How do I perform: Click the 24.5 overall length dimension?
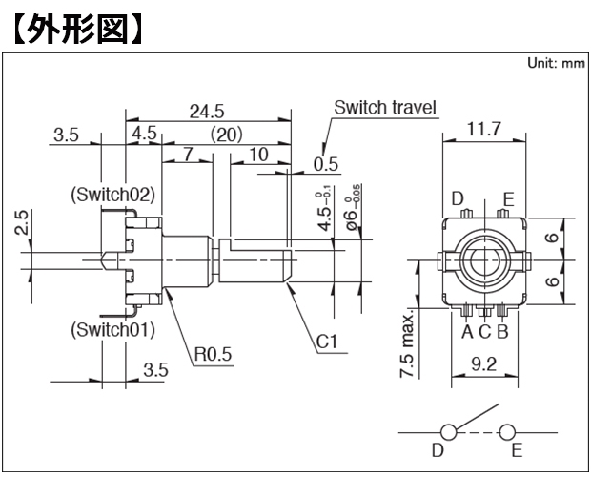(207, 112)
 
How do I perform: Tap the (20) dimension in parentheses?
(226, 135)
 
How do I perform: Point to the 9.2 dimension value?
(484, 364)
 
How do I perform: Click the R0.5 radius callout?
(213, 354)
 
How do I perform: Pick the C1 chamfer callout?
(326, 342)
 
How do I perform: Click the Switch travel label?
(385, 108)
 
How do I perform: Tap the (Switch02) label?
(113, 195)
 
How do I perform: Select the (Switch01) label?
(113, 330)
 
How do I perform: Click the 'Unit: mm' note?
(556, 63)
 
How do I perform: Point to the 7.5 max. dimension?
(408, 344)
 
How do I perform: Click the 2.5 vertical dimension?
(21, 222)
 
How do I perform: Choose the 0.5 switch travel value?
(326, 164)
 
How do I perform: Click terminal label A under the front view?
(467, 332)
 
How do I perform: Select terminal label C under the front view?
(484, 332)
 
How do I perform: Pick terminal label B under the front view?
(502, 332)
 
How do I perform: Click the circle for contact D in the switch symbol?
(448, 432)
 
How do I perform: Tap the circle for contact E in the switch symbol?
(507, 432)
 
